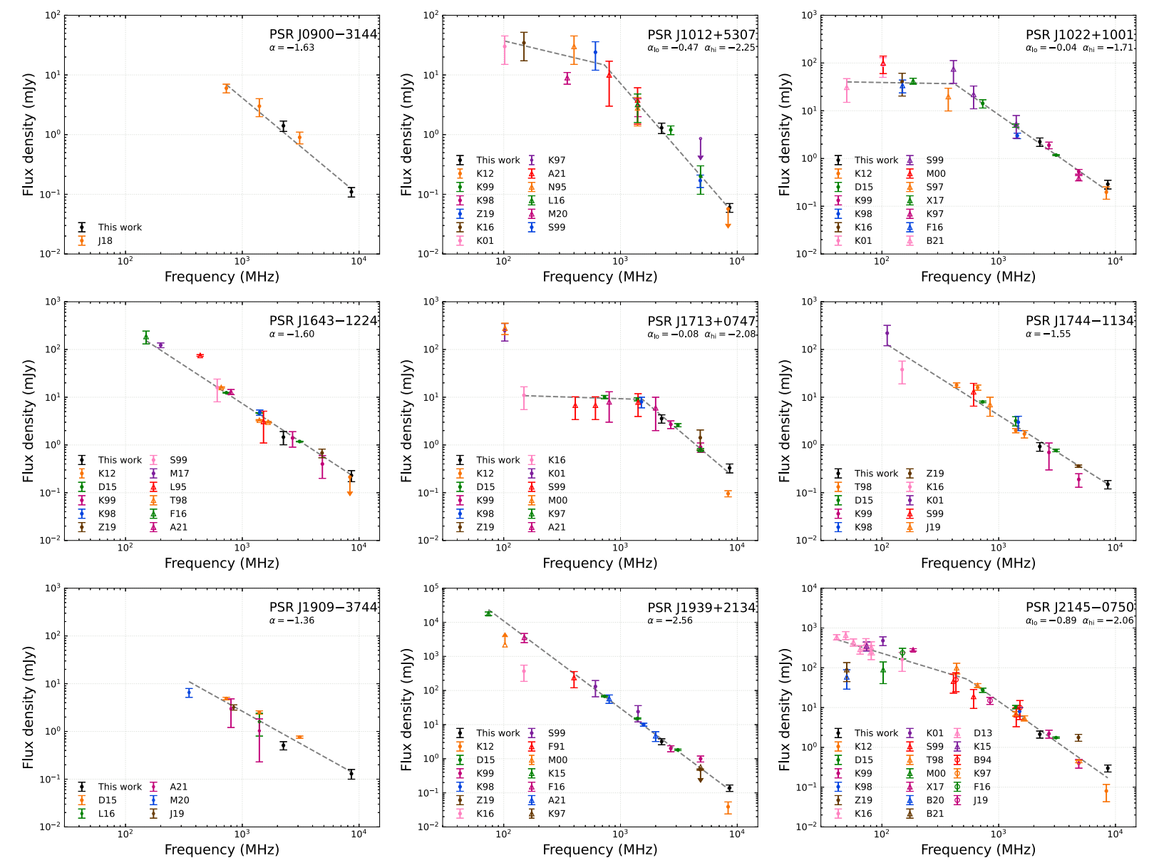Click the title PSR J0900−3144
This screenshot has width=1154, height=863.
(323, 34)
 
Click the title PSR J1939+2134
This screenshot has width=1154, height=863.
(701, 608)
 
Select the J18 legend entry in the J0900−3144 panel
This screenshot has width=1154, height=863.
(105, 241)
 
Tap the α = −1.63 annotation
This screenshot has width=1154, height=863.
(292, 48)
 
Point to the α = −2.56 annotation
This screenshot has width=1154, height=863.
(670, 621)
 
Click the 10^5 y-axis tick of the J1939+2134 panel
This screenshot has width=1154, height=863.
(430, 588)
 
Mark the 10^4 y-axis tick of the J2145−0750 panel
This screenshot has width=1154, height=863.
(808, 588)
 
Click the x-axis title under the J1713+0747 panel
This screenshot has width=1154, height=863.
(599, 563)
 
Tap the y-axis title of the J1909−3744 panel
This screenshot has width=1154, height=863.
(29, 708)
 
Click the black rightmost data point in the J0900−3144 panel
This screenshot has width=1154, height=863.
(351, 192)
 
